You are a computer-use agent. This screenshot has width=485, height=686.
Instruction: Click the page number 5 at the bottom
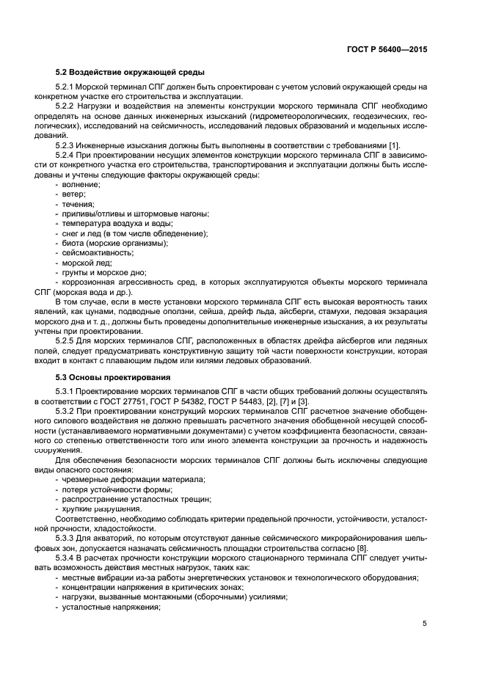(425, 624)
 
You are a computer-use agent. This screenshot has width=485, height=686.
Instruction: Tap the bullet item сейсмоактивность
(97, 252)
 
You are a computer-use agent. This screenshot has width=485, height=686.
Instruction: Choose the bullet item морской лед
(87, 262)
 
